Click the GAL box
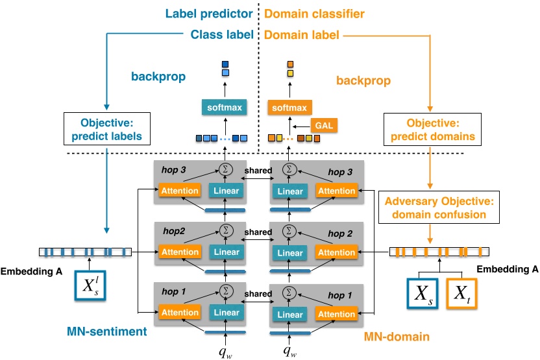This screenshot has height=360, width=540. click(324, 125)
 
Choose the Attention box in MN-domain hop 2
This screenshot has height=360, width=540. click(336, 252)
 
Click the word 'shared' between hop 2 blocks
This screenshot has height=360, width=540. click(258, 232)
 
